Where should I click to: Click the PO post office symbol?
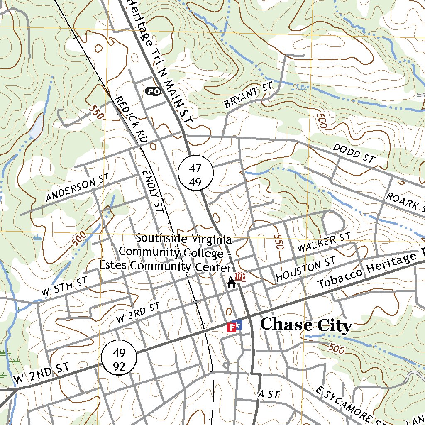click(152, 91)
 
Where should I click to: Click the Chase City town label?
click(306, 325)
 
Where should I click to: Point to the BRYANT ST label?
click(248, 95)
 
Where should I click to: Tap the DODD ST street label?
click(354, 154)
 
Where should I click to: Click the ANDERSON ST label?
click(78, 188)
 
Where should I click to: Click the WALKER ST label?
click(324, 243)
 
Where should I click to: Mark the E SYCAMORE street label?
click(344, 405)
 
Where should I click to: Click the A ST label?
click(269, 394)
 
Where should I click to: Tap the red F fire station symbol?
click(232, 327)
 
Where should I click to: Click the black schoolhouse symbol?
click(231, 283)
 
